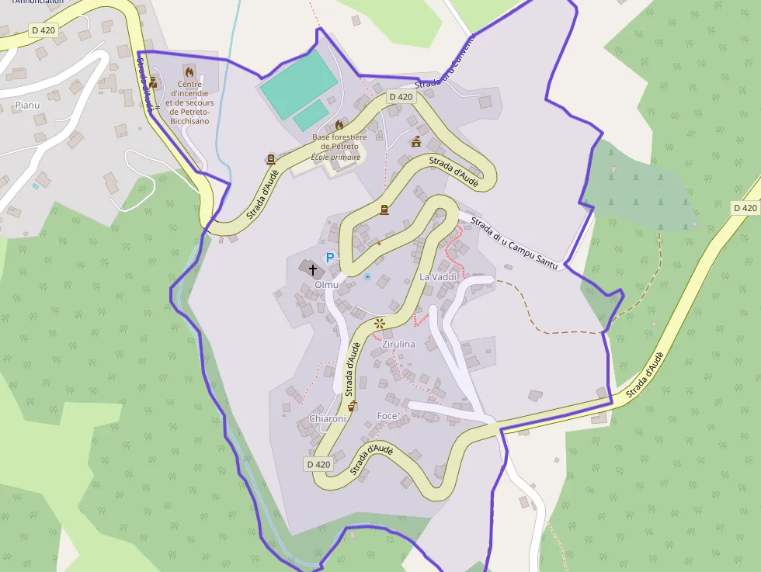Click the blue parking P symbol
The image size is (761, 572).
click(x=330, y=257)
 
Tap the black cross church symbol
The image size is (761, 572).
click(x=313, y=270)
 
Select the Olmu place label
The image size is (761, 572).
click(x=326, y=285)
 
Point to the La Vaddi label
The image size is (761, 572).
click(x=436, y=276)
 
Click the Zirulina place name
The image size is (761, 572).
click(x=399, y=344)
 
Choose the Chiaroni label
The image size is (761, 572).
click(x=327, y=419)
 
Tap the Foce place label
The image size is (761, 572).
click(x=386, y=416)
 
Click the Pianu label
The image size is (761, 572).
click(x=26, y=104)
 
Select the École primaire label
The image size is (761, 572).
click(x=335, y=157)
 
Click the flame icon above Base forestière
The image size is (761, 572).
click(x=339, y=125)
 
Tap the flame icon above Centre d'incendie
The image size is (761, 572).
click(x=189, y=71)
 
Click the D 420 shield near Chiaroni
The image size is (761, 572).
click(x=318, y=464)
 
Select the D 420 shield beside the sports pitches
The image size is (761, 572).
click(x=401, y=97)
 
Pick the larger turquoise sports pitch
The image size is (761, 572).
click(x=299, y=85)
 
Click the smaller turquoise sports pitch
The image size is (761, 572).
click(x=311, y=116)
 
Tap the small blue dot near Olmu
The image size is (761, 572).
click(x=367, y=276)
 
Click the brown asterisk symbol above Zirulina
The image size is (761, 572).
click(x=380, y=323)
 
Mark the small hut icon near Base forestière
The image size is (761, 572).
click(x=416, y=141)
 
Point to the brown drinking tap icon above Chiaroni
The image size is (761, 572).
click(x=352, y=405)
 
